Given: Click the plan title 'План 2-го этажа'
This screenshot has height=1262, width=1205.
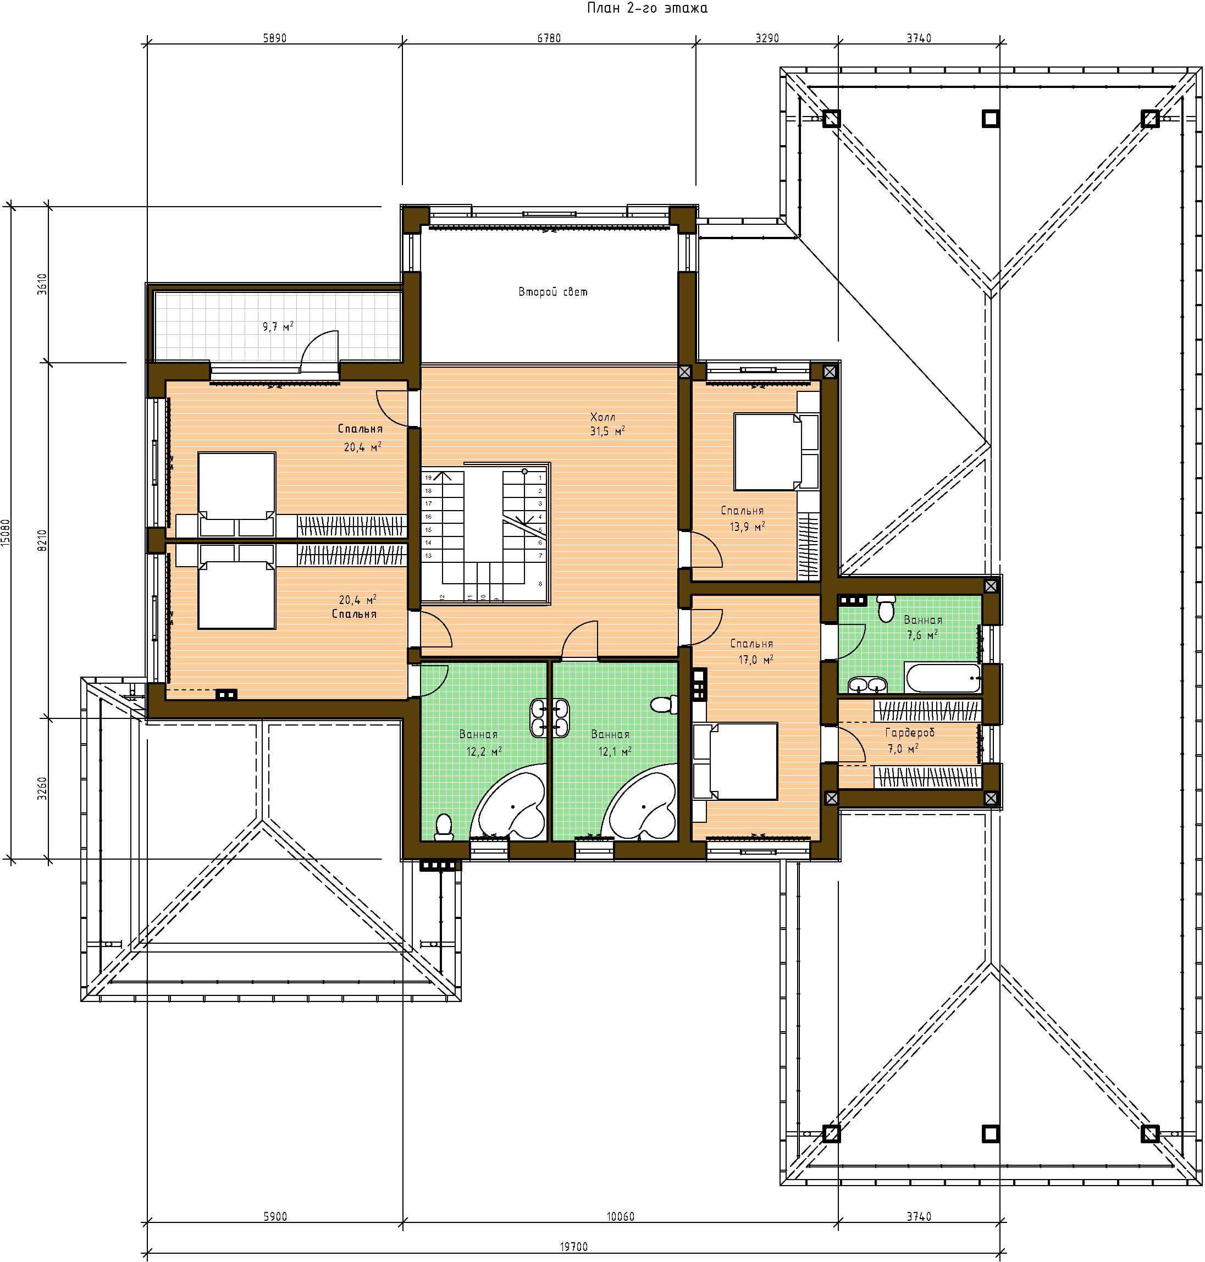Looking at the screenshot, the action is [x=647, y=8].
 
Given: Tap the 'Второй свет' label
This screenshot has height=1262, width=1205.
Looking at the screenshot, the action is [x=552, y=292].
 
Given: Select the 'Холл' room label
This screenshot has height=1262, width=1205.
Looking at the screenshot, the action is [x=602, y=417].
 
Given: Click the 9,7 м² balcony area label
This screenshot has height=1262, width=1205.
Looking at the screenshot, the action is [x=278, y=326].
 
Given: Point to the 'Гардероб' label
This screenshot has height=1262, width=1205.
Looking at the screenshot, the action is [x=910, y=733].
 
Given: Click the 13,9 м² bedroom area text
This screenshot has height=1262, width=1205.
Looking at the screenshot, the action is [x=747, y=527].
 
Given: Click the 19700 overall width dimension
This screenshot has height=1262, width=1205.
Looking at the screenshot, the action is [x=573, y=1247].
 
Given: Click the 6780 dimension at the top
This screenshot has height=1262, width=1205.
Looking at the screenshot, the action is [x=549, y=38].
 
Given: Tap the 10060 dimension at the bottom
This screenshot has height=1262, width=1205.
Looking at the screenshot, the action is [x=621, y=1216].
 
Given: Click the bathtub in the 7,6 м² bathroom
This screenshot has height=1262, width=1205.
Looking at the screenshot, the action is [x=943, y=678].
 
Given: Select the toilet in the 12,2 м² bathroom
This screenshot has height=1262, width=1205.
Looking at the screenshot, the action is [x=443, y=827].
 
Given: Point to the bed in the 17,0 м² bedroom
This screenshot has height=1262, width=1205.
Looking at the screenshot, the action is [x=736, y=761].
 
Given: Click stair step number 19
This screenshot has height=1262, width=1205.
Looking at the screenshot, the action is [x=428, y=478].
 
